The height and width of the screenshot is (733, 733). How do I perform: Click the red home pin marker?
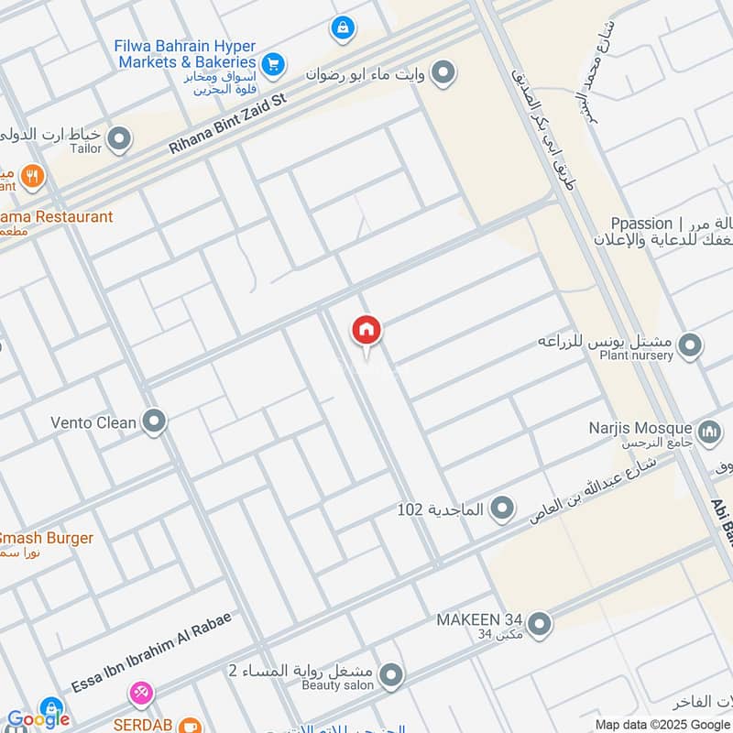pos(366,331)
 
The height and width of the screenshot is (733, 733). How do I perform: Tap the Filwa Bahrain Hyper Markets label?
pos(186,54)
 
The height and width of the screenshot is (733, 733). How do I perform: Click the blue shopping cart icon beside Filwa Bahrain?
pos(272,64)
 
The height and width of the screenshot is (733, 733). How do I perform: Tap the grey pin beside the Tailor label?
pos(119,140)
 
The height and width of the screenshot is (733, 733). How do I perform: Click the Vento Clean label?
pos(93,423)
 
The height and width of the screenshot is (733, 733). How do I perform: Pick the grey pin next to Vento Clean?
pos(155,422)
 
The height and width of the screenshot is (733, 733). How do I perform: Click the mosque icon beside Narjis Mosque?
pos(708,431)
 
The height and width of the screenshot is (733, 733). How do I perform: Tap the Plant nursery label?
pos(634,356)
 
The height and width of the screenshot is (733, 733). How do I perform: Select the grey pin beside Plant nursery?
pos(691,347)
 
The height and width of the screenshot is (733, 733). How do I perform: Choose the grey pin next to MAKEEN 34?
pos(540,624)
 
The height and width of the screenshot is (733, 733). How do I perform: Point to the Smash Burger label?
pos(46,538)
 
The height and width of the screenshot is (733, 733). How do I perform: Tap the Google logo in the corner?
pos(38,719)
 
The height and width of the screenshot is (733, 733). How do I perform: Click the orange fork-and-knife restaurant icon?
pos(33,176)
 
